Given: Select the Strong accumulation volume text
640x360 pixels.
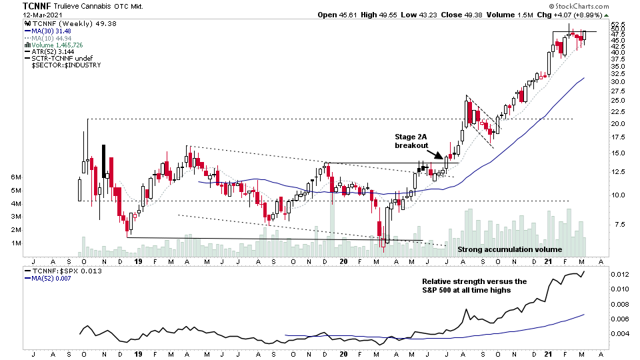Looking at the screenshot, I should pyautogui.click(x=501, y=249).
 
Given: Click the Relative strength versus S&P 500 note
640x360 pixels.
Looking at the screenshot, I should pyautogui.click(x=474, y=286).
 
